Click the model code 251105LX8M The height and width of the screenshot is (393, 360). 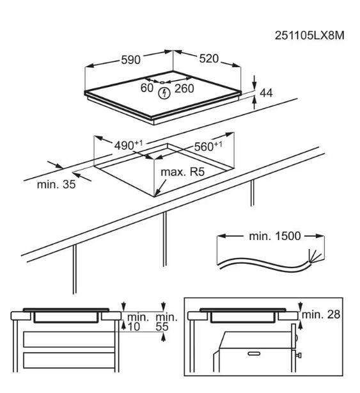coord(309,35)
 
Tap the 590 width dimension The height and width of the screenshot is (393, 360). coord(130,60)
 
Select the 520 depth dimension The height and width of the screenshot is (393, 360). coord(209,59)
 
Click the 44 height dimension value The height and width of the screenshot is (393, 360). coord(266,93)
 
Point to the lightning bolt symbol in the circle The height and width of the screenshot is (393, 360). coord(164,93)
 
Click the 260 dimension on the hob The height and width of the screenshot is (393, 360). coord(184,88)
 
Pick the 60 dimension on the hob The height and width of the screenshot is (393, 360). coord(147,88)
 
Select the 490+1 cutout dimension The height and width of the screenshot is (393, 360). coord(129,145)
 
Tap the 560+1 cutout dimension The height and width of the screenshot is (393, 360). coord(208,147)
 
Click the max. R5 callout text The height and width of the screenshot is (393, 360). coord(182,172)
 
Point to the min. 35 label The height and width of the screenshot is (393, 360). coord(56,184)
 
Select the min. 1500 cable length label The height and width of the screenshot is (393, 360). coord(275,236)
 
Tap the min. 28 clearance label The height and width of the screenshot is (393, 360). coord(321,314)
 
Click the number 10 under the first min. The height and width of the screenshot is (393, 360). coord(134,327)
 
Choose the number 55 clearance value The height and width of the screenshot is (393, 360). coord(162,327)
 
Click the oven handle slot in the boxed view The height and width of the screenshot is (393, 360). coord(254,354)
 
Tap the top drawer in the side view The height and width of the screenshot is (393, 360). coord(69,339)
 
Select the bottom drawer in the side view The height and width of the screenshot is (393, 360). coord(69,360)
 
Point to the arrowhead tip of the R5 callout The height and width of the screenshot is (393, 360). coord(155,196)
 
